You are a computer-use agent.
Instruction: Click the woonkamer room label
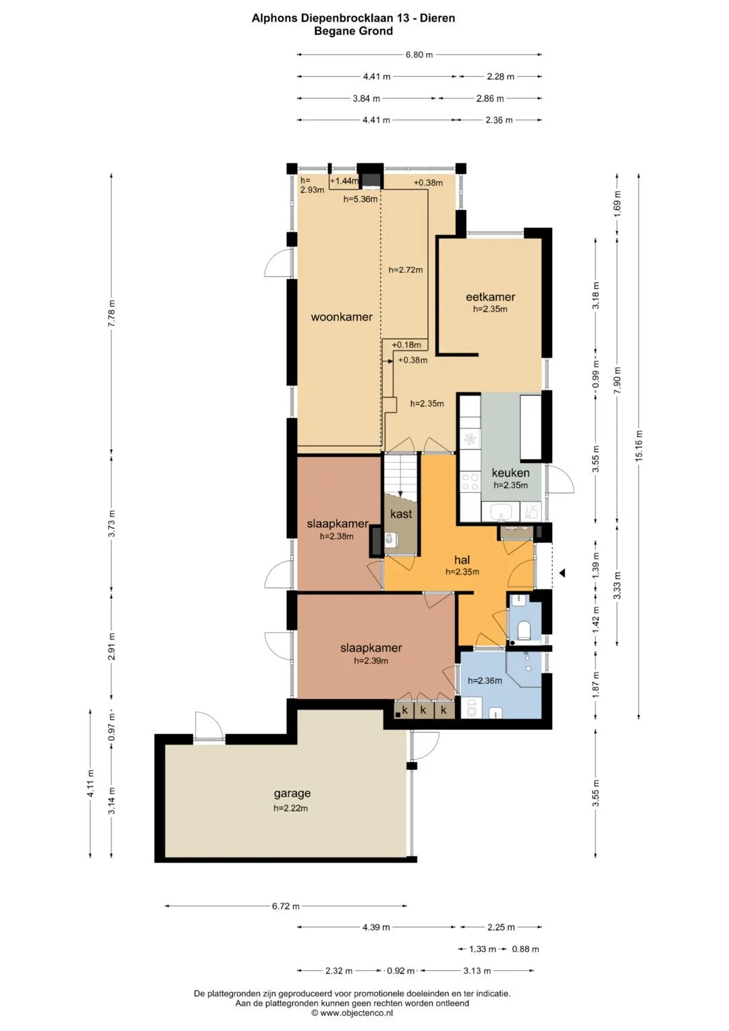pyautogui.click(x=342, y=317)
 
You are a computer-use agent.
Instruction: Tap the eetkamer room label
pyautogui.click(x=490, y=297)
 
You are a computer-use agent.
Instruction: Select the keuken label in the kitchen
pyautogui.click(x=510, y=473)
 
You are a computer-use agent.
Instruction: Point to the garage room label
pyautogui.click(x=292, y=793)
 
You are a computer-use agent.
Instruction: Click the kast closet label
pyautogui.click(x=401, y=514)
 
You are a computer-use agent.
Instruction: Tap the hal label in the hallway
pyautogui.click(x=462, y=560)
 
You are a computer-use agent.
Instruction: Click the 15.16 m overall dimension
pyautogui.click(x=639, y=446)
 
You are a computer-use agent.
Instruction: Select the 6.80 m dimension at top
pyautogui.click(x=419, y=55)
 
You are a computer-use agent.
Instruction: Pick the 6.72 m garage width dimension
pyautogui.click(x=286, y=906)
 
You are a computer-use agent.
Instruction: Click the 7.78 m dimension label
pyautogui.click(x=112, y=313)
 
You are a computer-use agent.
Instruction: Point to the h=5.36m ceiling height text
pyautogui.click(x=360, y=199)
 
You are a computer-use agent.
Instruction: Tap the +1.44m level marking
pyautogui.click(x=344, y=181)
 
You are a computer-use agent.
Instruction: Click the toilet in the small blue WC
pyautogui.click(x=524, y=631)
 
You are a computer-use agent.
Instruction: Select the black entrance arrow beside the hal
pyautogui.click(x=562, y=573)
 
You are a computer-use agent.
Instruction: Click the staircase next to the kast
pyautogui.click(x=401, y=474)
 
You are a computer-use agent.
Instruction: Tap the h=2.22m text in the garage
pyautogui.click(x=290, y=808)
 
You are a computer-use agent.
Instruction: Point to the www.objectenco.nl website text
pyautogui.click(x=356, y=1013)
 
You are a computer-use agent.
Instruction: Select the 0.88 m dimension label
pyautogui.click(x=525, y=949)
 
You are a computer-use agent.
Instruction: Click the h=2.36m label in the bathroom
pyautogui.click(x=485, y=681)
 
